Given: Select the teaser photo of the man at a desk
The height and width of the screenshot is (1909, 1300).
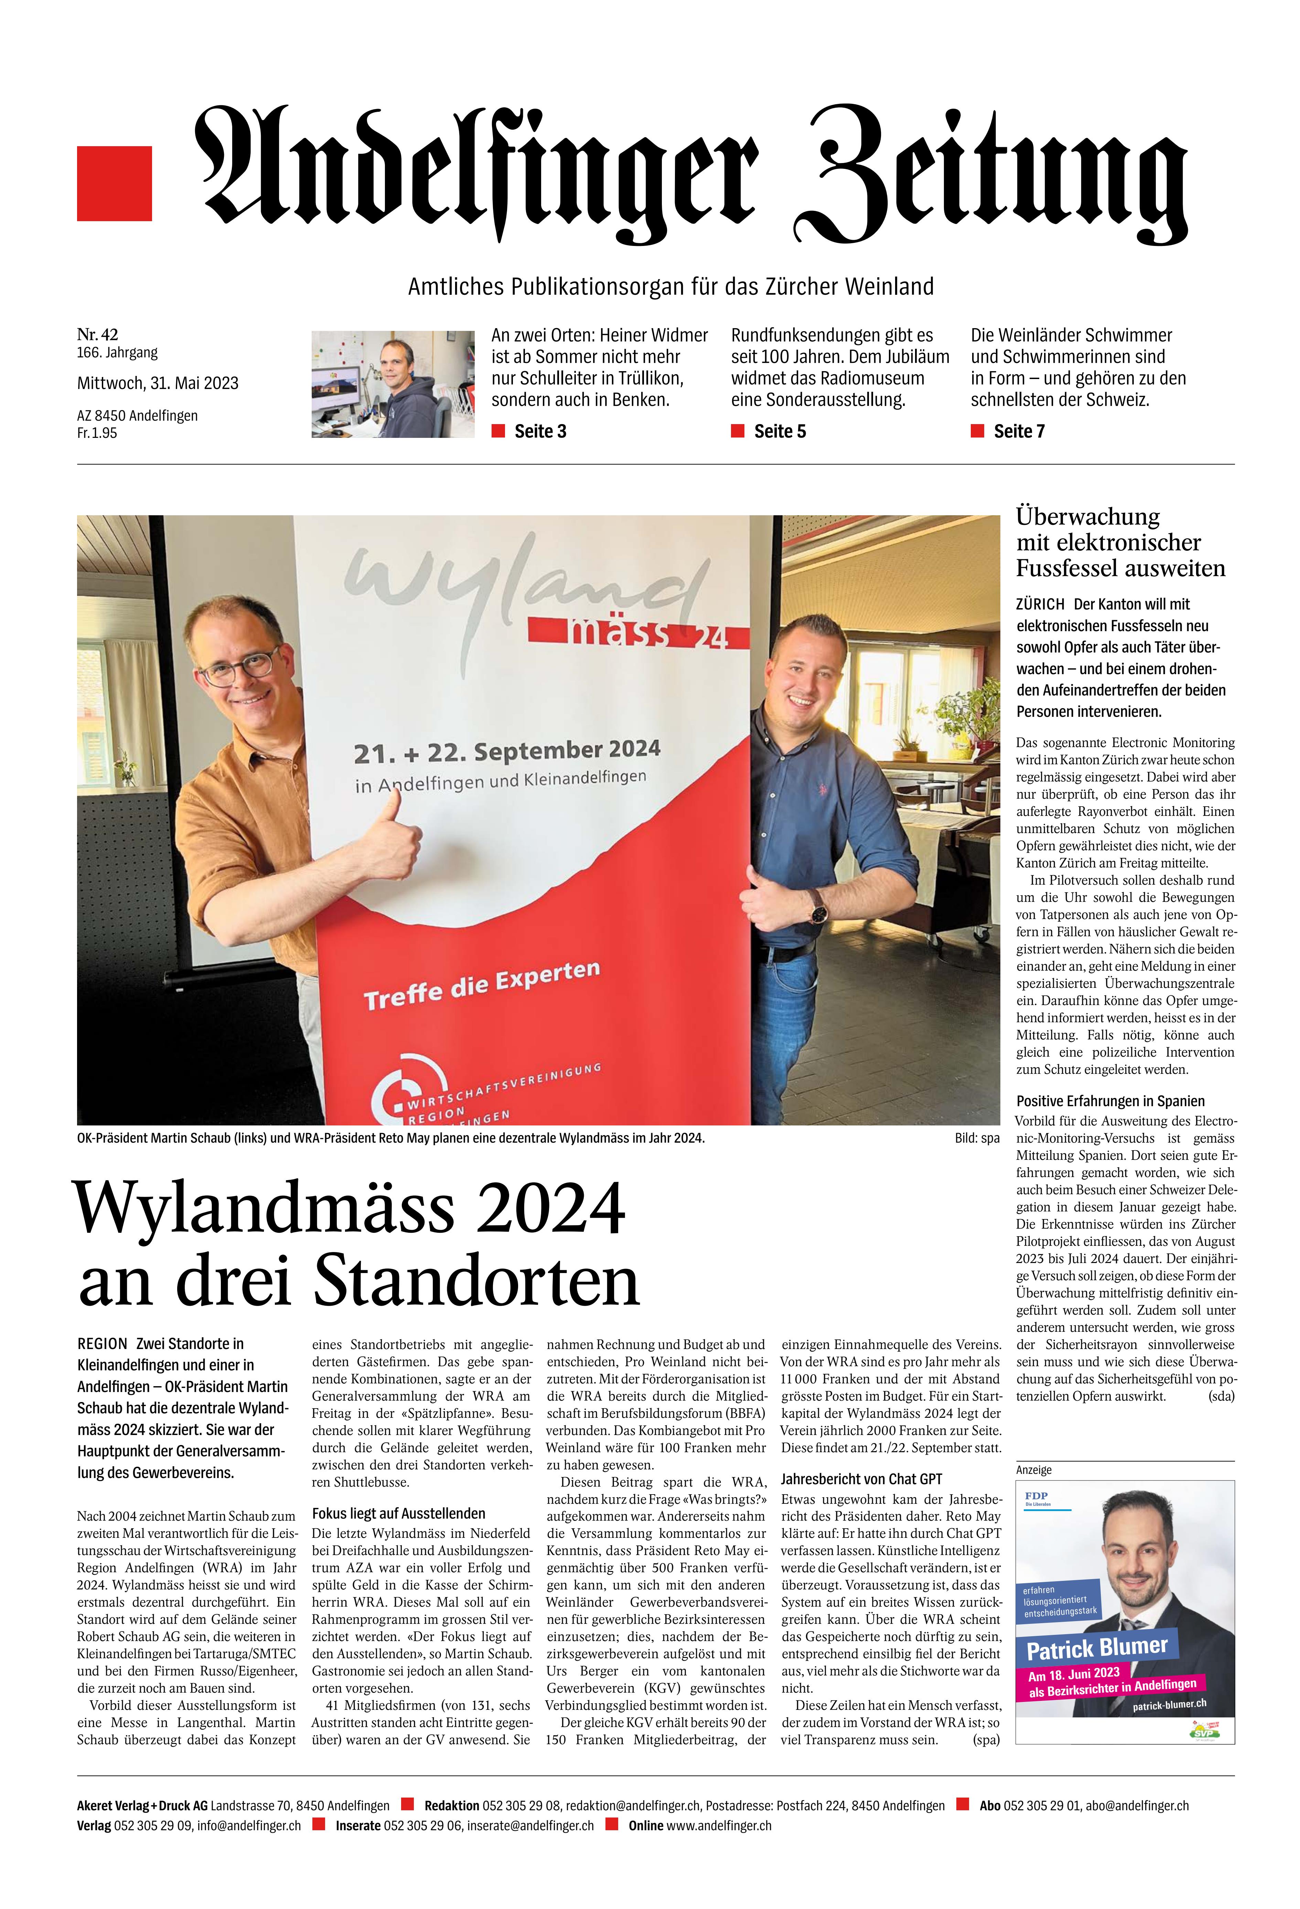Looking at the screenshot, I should click(393, 384).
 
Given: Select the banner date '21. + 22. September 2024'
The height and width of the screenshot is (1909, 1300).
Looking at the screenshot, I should click(507, 751).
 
